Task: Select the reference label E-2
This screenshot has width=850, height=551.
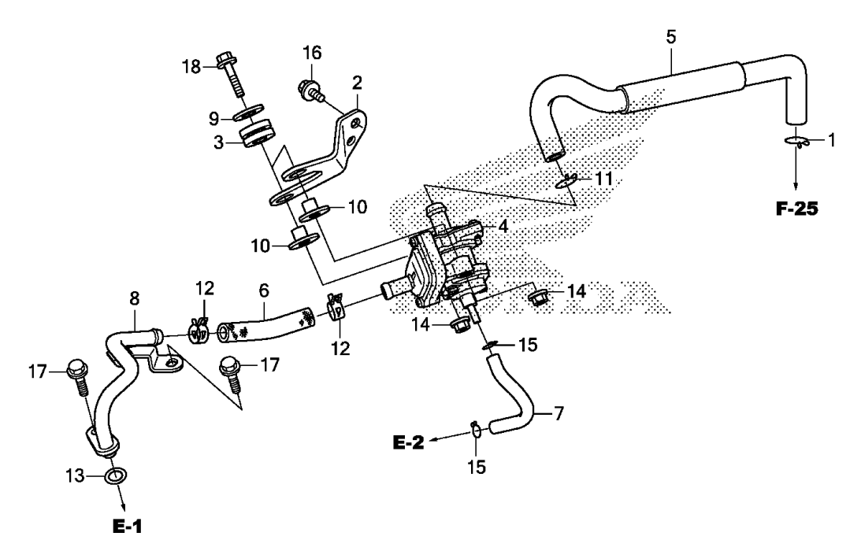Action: [409, 443]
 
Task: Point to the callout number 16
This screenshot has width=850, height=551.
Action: [312, 52]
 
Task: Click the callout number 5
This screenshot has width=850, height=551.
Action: [670, 37]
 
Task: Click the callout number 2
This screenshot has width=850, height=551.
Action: [357, 82]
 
